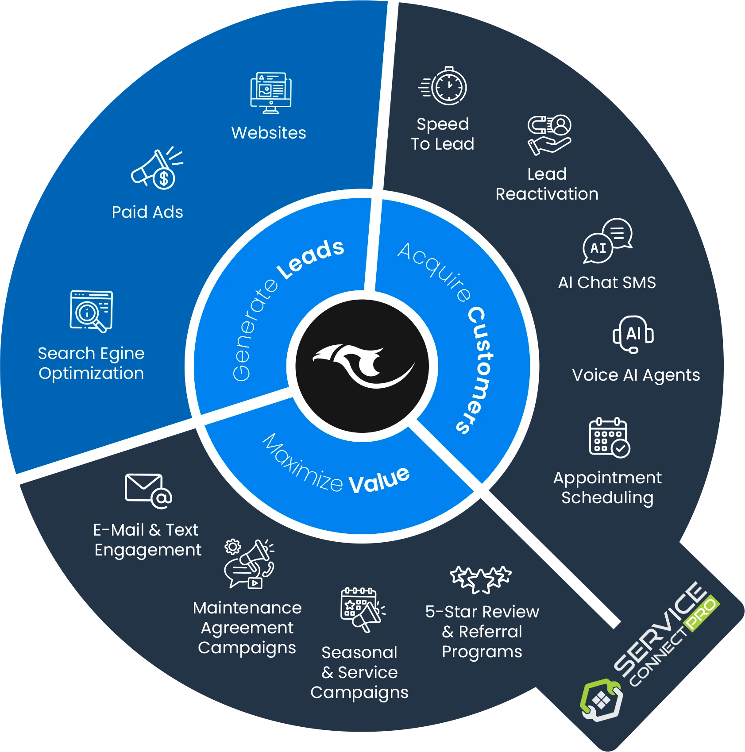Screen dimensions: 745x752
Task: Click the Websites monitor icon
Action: point(270,93)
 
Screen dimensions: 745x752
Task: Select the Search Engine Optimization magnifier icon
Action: point(91,311)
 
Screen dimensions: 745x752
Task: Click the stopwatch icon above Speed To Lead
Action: point(443,86)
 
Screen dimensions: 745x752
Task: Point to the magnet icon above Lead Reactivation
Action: point(549,135)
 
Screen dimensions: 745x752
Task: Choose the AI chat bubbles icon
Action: point(608,241)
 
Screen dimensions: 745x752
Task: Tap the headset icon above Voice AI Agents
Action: point(633,334)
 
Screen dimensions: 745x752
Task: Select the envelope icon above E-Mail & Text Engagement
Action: point(148,491)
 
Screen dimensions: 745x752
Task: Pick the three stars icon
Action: point(481,579)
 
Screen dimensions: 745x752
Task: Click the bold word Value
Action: point(379,480)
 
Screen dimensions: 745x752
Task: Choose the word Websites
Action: point(269,133)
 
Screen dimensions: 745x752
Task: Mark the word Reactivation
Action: point(547,194)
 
